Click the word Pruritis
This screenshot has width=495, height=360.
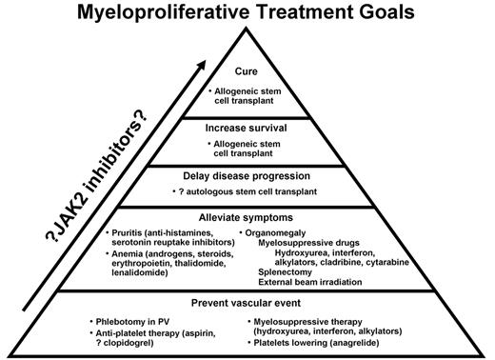coord(129,232)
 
